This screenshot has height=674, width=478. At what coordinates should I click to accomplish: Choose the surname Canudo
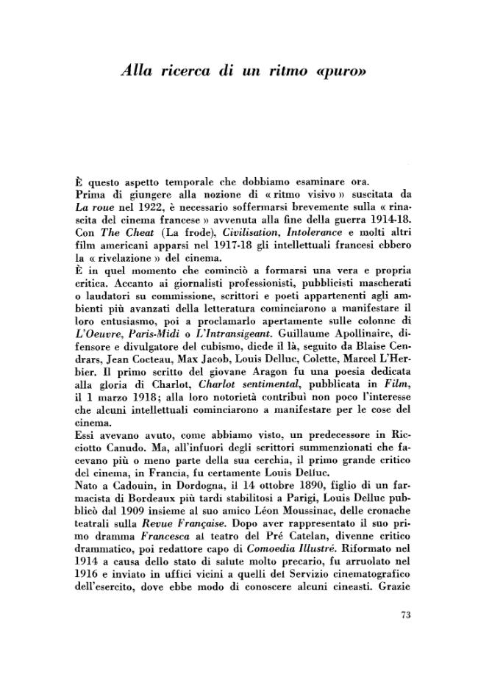(115, 452)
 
